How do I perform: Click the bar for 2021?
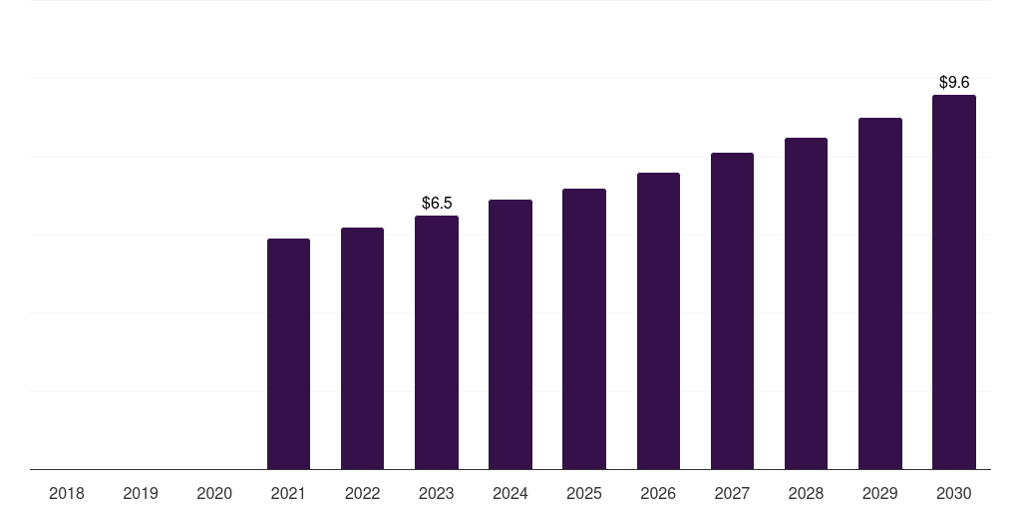pyautogui.click(x=288, y=354)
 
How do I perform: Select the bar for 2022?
pyautogui.click(x=362, y=348)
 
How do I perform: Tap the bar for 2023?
pyautogui.click(x=437, y=342)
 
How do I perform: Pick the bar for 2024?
pyautogui.click(x=510, y=334)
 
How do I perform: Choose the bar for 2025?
pyautogui.click(x=584, y=329)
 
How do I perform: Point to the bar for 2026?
pyautogui.click(x=658, y=321)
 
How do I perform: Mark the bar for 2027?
pyautogui.click(x=732, y=311)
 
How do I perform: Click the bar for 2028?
pyautogui.click(x=806, y=303)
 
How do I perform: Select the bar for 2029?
pyautogui.click(x=880, y=293)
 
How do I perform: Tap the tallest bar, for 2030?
pyautogui.click(x=954, y=282)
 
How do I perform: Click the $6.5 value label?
pyautogui.click(x=437, y=204)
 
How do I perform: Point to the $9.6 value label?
pyautogui.click(x=954, y=83)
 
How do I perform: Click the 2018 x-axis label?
pyautogui.click(x=67, y=494)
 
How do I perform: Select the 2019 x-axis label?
pyautogui.click(x=141, y=494)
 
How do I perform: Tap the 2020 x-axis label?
pyautogui.click(x=214, y=494)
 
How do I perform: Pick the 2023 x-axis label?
pyautogui.click(x=437, y=494)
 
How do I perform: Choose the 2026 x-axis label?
pyautogui.click(x=658, y=494)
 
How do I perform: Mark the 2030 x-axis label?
pyautogui.click(x=954, y=494)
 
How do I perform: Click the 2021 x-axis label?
pyautogui.click(x=288, y=494)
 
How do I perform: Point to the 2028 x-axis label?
pyautogui.click(x=806, y=494)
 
